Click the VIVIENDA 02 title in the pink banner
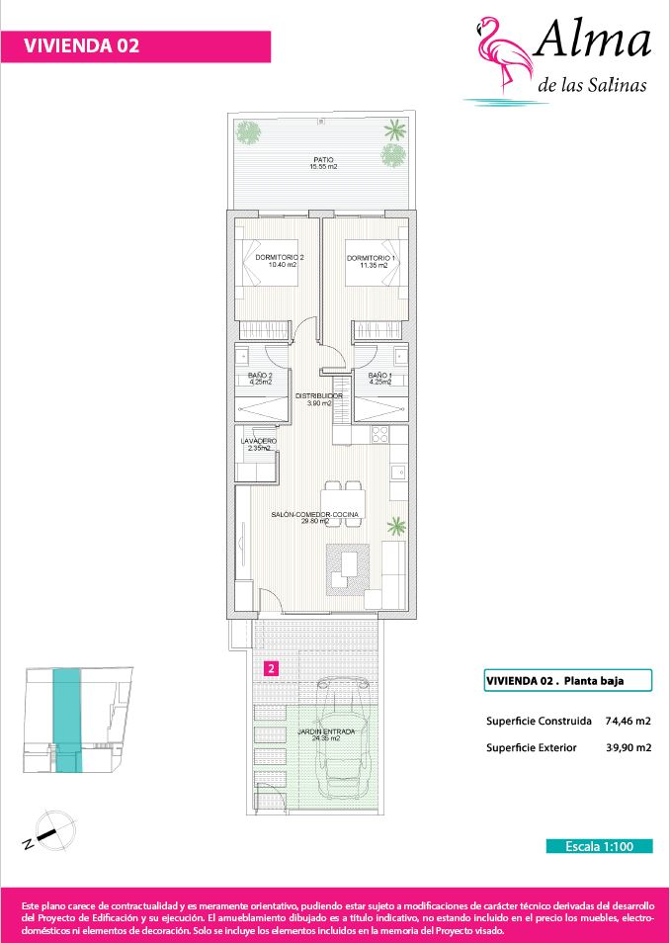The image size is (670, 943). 82,45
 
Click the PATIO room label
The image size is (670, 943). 323,159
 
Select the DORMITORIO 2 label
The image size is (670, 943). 279,257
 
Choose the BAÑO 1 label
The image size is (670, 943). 380,376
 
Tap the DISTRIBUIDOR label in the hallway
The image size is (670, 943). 319,395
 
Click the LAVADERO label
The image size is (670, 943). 259,441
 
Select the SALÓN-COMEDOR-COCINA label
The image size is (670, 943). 314,514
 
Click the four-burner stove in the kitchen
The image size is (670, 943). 379,434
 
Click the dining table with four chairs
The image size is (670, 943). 344,504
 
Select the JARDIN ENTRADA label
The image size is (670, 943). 326,731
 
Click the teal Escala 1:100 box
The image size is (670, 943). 599,846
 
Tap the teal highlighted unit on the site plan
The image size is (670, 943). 66,720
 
